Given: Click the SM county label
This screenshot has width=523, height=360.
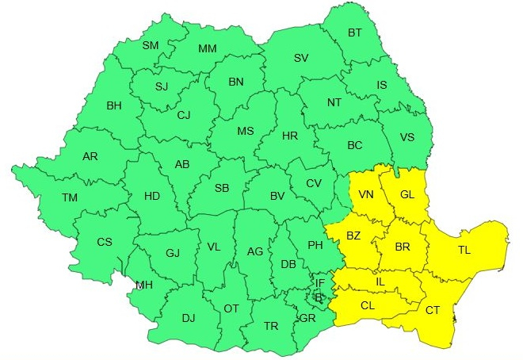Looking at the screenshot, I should [x=151, y=45].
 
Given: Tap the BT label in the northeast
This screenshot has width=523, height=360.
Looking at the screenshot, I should [x=353, y=33].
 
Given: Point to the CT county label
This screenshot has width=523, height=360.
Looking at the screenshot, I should [x=433, y=310].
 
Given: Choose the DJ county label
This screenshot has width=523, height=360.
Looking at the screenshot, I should [x=188, y=318].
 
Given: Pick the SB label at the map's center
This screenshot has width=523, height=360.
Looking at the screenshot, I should [x=222, y=188].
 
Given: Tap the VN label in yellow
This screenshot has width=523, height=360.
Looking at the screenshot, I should [x=366, y=194].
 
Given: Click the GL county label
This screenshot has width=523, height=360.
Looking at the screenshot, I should [x=407, y=194].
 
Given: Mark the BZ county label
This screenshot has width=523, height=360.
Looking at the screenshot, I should [x=353, y=236].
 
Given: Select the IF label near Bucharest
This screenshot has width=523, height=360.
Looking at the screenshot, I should [x=320, y=282].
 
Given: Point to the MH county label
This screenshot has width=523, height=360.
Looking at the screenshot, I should [x=144, y=285].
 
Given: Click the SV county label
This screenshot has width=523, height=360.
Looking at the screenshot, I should [x=301, y=58].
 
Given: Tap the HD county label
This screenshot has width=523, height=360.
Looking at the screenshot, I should [x=151, y=195].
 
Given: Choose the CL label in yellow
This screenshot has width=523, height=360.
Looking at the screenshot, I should [x=367, y=305].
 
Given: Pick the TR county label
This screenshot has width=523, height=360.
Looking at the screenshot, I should [x=271, y=326].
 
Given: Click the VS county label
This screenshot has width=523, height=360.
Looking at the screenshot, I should [x=407, y=137].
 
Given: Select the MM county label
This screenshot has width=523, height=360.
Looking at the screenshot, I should [x=208, y=48].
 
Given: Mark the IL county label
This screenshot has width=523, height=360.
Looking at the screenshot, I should [x=380, y=281].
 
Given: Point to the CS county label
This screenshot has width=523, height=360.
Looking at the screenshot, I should [x=105, y=241].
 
